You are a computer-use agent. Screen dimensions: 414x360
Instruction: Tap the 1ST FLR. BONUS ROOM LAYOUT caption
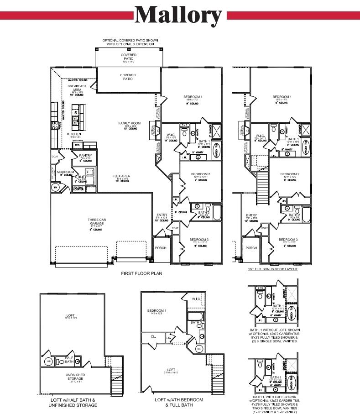tap(272, 269)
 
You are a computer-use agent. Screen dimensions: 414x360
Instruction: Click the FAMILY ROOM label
tap(129, 123)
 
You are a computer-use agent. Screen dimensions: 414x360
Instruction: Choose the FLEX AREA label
tap(121, 176)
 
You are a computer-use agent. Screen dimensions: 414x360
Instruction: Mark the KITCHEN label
tap(74, 134)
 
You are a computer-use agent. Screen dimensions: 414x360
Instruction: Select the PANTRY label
tap(85, 156)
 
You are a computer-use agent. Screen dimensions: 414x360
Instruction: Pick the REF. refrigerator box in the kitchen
tap(77, 145)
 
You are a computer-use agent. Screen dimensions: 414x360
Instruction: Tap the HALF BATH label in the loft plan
tap(69, 359)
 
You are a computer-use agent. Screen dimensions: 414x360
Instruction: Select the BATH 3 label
tap(196, 323)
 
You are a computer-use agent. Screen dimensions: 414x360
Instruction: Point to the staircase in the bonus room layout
tap(263, 180)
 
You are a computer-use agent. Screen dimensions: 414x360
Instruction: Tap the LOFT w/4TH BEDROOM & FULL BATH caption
tap(179, 402)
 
